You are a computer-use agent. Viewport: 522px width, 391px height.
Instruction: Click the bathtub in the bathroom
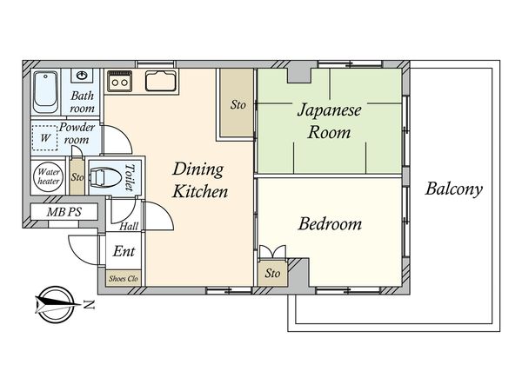pyautogui.click(x=45, y=92)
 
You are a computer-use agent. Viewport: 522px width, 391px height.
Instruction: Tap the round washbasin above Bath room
pyautogui.click(x=82, y=76)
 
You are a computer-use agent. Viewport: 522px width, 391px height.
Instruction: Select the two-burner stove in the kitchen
pyautogui.click(x=119, y=81)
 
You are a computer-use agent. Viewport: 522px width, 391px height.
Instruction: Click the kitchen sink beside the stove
pyautogui.click(x=160, y=81)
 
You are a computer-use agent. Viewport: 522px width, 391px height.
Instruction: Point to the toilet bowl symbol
pyautogui.click(x=106, y=176)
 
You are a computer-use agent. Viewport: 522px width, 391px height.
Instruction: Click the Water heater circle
pyautogui.click(x=48, y=177)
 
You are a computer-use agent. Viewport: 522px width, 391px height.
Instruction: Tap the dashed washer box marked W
pyautogui.click(x=45, y=137)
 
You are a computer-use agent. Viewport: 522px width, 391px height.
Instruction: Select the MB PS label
pyautogui.click(x=64, y=212)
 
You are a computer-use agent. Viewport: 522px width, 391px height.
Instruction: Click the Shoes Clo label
pyautogui.click(x=124, y=278)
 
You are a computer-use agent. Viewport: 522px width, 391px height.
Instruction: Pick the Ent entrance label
pyautogui.click(x=124, y=251)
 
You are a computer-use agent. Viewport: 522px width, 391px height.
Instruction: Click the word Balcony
pyautogui.click(x=454, y=189)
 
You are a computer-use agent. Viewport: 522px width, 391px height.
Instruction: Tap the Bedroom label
pyautogui.click(x=330, y=223)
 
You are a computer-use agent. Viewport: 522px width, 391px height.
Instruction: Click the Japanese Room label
pyautogui.click(x=329, y=121)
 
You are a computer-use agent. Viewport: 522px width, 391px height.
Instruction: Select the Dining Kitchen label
pyautogui.click(x=200, y=180)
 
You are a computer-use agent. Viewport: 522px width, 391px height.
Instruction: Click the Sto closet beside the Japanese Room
pyautogui.click(x=238, y=105)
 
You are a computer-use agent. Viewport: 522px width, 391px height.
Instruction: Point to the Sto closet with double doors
pyautogui.click(x=272, y=274)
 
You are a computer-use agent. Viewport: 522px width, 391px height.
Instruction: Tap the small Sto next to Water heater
pyautogui.click(x=77, y=177)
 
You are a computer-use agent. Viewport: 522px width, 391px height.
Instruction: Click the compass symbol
pyautogui.click(x=55, y=305)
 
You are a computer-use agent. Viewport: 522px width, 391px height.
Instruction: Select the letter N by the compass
pyautogui.click(x=89, y=304)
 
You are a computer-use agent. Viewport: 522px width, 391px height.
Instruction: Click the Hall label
pyautogui.click(x=129, y=227)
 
